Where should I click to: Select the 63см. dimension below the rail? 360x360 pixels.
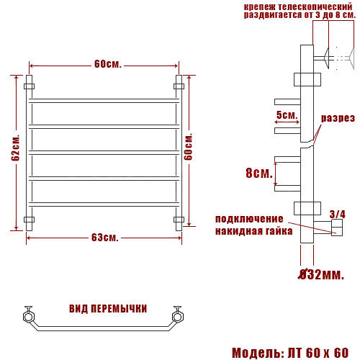pos(105,238)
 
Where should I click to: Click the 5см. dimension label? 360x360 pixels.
pos(286,115)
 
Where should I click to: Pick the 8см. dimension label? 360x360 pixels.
pos(258,173)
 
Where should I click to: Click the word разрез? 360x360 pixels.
pos(338,118)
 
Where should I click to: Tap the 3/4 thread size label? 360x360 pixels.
pos(337,214)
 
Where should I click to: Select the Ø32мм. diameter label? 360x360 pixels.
pos(321,274)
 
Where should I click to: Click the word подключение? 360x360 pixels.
pos(249,219)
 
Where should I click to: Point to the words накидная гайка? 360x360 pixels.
pos(253,231)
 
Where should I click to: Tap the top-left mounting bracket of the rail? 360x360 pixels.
pos(29,86)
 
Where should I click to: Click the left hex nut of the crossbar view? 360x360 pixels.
pos(29,315)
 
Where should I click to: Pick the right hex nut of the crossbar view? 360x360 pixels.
pos(176,315)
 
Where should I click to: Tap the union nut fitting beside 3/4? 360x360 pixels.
pos(336,229)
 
